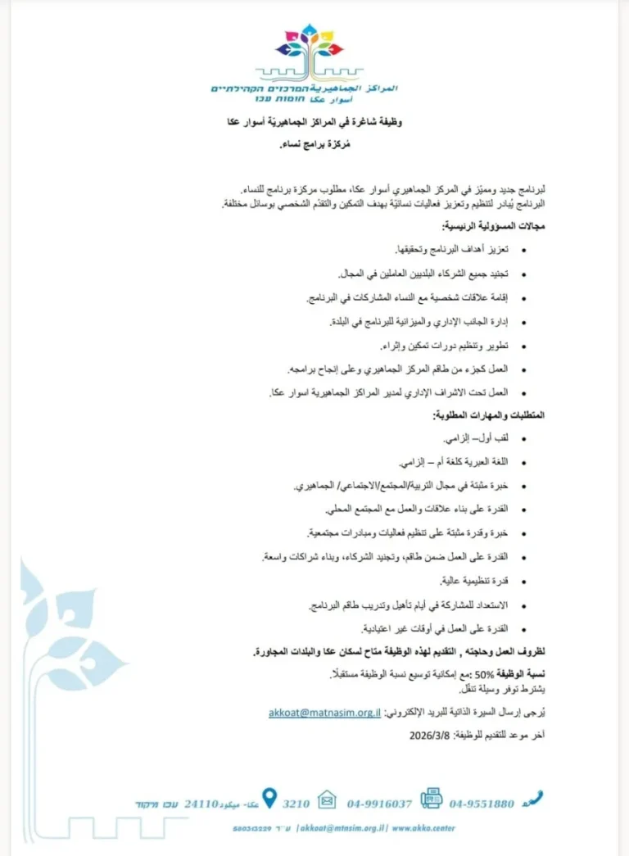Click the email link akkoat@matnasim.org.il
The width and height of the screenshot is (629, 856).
(324, 713)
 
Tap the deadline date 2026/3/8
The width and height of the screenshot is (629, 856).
(428, 735)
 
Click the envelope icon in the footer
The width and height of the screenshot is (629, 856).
(327, 799)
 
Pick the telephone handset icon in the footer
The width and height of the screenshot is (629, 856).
(534, 798)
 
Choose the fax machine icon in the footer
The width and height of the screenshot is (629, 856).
(431, 798)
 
